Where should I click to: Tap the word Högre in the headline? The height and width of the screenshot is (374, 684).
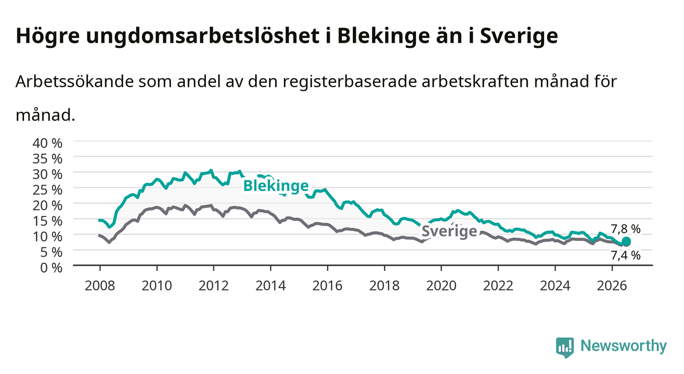[47, 36]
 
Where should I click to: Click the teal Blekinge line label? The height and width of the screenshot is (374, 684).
[276, 185]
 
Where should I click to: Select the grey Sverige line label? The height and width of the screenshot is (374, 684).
[449, 231]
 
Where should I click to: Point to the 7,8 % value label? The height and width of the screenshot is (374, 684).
[625, 229]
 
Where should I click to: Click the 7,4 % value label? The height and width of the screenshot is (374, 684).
[625, 255]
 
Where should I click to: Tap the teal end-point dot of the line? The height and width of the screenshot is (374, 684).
[626, 242]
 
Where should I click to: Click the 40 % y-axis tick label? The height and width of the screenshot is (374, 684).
[47, 143]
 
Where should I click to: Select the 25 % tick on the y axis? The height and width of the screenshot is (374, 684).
[47, 190]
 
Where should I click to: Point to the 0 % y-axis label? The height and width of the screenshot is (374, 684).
[51, 268]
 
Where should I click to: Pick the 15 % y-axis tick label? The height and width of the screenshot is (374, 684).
[47, 221]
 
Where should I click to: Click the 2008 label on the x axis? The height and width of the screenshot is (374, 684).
[100, 286]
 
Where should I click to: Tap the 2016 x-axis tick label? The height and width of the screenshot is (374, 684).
[327, 286]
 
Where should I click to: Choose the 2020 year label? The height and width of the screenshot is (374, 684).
[441, 286]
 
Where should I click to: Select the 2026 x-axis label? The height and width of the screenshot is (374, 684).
[612, 286]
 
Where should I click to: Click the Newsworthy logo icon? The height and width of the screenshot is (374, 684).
[565, 348]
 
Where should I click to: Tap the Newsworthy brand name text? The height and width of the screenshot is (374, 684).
[624, 346]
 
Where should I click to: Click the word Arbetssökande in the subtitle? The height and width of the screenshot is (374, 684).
[75, 82]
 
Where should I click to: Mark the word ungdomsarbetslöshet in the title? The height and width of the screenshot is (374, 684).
[209, 36]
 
